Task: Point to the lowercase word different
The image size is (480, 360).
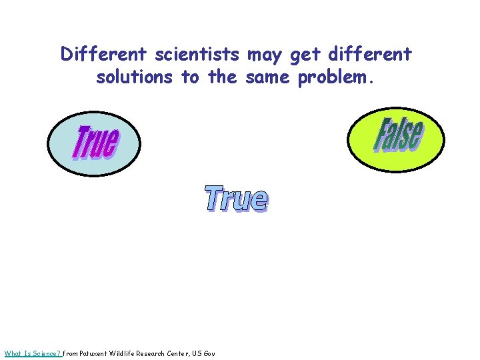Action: click(x=370, y=54)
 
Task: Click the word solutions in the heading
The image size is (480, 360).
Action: click(x=135, y=77)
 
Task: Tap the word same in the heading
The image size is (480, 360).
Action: click(x=269, y=77)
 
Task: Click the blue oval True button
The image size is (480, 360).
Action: click(x=94, y=142)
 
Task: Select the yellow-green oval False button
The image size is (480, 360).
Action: click(x=397, y=136)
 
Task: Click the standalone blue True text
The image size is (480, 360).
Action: click(x=236, y=199)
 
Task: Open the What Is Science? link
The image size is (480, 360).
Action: click(x=33, y=353)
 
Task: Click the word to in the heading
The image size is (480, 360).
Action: click(x=191, y=77)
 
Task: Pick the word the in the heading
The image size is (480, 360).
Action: click(x=223, y=77)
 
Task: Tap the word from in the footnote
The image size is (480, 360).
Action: click(x=70, y=353)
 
